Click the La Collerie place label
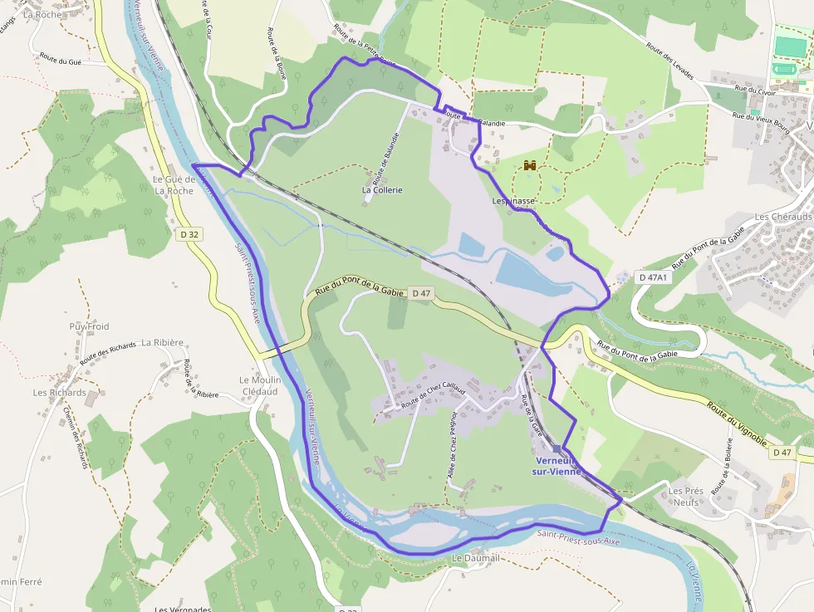coord(382,190)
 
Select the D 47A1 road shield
coord(653,277)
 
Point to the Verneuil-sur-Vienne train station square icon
coord(557,448)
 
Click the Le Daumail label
coord(476,559)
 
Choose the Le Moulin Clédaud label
coord(261,386)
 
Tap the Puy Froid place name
coord(89,326)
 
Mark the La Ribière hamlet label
coord(162,342)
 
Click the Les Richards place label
coord(59,393)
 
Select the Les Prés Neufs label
coord(686,497)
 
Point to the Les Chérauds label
coord(782,217)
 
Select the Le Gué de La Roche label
coord(174,185)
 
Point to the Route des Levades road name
coord(669,61)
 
